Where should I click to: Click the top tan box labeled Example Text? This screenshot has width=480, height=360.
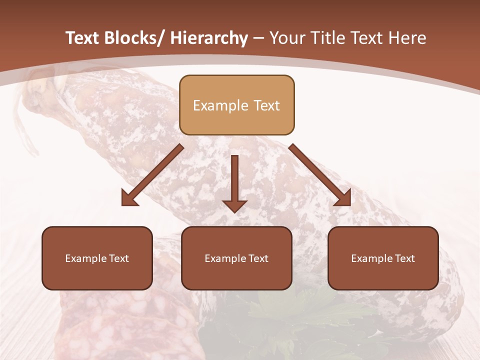(x=236, y=105)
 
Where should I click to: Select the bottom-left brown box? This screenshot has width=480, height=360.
(x=97, y=258)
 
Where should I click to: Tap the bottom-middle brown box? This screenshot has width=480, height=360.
(x=236, y=258)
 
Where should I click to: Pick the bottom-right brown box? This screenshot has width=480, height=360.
(x=383, y=258)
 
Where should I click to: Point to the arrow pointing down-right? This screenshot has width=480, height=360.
(x=320, y=175)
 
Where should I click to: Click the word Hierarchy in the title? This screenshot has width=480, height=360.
(x=209, y=38)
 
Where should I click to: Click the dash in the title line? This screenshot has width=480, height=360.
(x=258, y=38)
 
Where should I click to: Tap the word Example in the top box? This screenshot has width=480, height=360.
(x=220, y=105)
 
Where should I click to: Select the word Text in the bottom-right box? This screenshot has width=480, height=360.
(x=404, y=258)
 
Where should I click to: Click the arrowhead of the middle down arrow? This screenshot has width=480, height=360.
(x=234, y=205)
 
